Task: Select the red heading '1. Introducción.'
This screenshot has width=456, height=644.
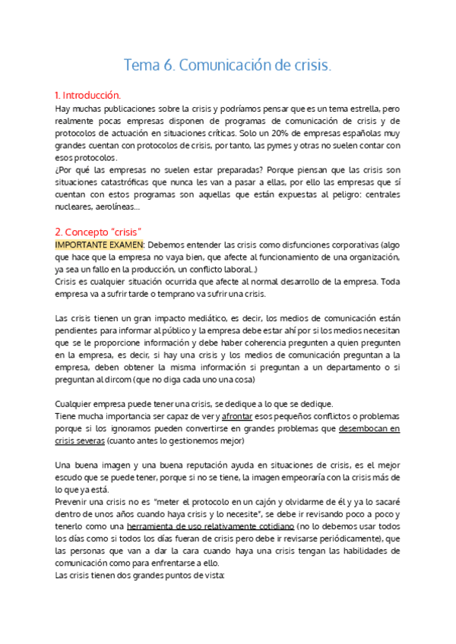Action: pyautogui.click(x=88, y=96)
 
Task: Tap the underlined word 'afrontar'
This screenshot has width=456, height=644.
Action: pyautogui.click(x=237, y=417)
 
